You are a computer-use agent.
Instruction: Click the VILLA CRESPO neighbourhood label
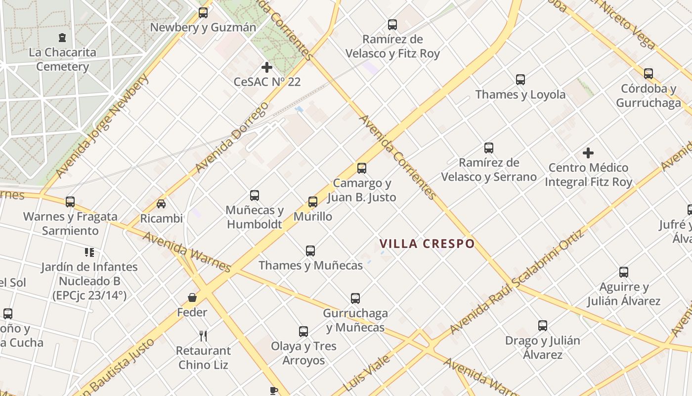click(427, 244)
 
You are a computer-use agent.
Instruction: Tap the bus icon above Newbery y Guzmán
click(203, 13)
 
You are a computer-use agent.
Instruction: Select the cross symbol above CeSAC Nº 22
click(267, 67)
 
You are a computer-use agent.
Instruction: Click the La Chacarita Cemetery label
click(62, 59)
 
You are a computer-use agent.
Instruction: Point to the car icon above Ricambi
click(161, 203)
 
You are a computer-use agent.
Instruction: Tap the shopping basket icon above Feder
click(192, 297)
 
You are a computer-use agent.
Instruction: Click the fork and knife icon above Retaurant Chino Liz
click(203, 336)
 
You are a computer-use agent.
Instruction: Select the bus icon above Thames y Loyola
click(520, 80)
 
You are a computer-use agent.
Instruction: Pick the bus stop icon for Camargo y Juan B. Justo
click(362, 168)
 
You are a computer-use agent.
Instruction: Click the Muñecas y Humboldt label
click(255, 217)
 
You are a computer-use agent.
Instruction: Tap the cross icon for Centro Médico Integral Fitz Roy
click(588, 153)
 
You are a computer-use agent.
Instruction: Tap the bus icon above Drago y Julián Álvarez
click(543, 326)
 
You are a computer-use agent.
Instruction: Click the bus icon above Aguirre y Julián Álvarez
click(624, 272)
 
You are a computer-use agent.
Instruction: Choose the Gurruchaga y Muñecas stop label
click(355, 320)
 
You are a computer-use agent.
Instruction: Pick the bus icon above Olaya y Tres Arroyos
click(303, 332)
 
